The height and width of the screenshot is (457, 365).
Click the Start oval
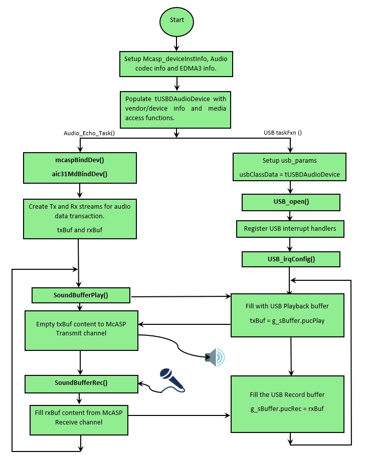click(x=176, y=21)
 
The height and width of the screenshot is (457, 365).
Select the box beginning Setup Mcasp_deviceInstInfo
click(x=176, y=63)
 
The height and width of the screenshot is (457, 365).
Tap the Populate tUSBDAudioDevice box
click(x=175, y=109)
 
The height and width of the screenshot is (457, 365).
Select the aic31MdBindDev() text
click(x=80, y=174)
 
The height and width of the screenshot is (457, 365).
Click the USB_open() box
click(x=291, y=203)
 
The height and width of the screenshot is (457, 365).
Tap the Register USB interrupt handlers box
click(x=290, y=229)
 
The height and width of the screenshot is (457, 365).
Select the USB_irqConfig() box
click(x=291, y=259)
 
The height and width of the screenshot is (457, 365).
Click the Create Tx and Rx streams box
click(x=80, y=218)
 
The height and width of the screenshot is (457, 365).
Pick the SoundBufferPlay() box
click(x=81, y=295)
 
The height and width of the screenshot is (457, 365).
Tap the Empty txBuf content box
click(x=81, y=330)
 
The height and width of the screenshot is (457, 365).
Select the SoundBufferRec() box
click(x=81, y=383)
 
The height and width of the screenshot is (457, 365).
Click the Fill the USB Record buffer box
click(x=287, y=402)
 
